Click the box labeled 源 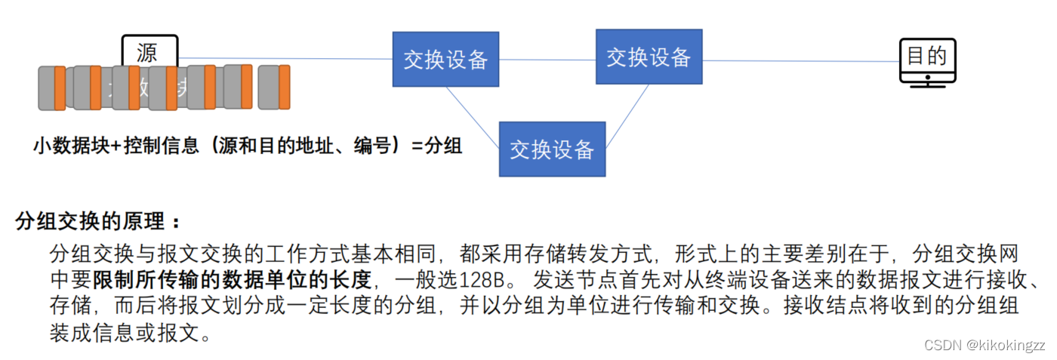tap(149, 51)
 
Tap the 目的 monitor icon tap(927, 61)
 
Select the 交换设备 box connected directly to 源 tap(445, 59)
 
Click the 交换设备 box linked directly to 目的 tap(649, 57)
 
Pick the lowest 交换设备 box tap(552, 149)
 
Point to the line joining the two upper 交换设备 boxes tap(547, 60)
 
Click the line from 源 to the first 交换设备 tap(287, 58)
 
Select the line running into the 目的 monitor tap(800, 61)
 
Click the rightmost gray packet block tap(269, 87)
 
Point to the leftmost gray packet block tap(47, 88)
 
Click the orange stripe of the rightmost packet tap(284, 87)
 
